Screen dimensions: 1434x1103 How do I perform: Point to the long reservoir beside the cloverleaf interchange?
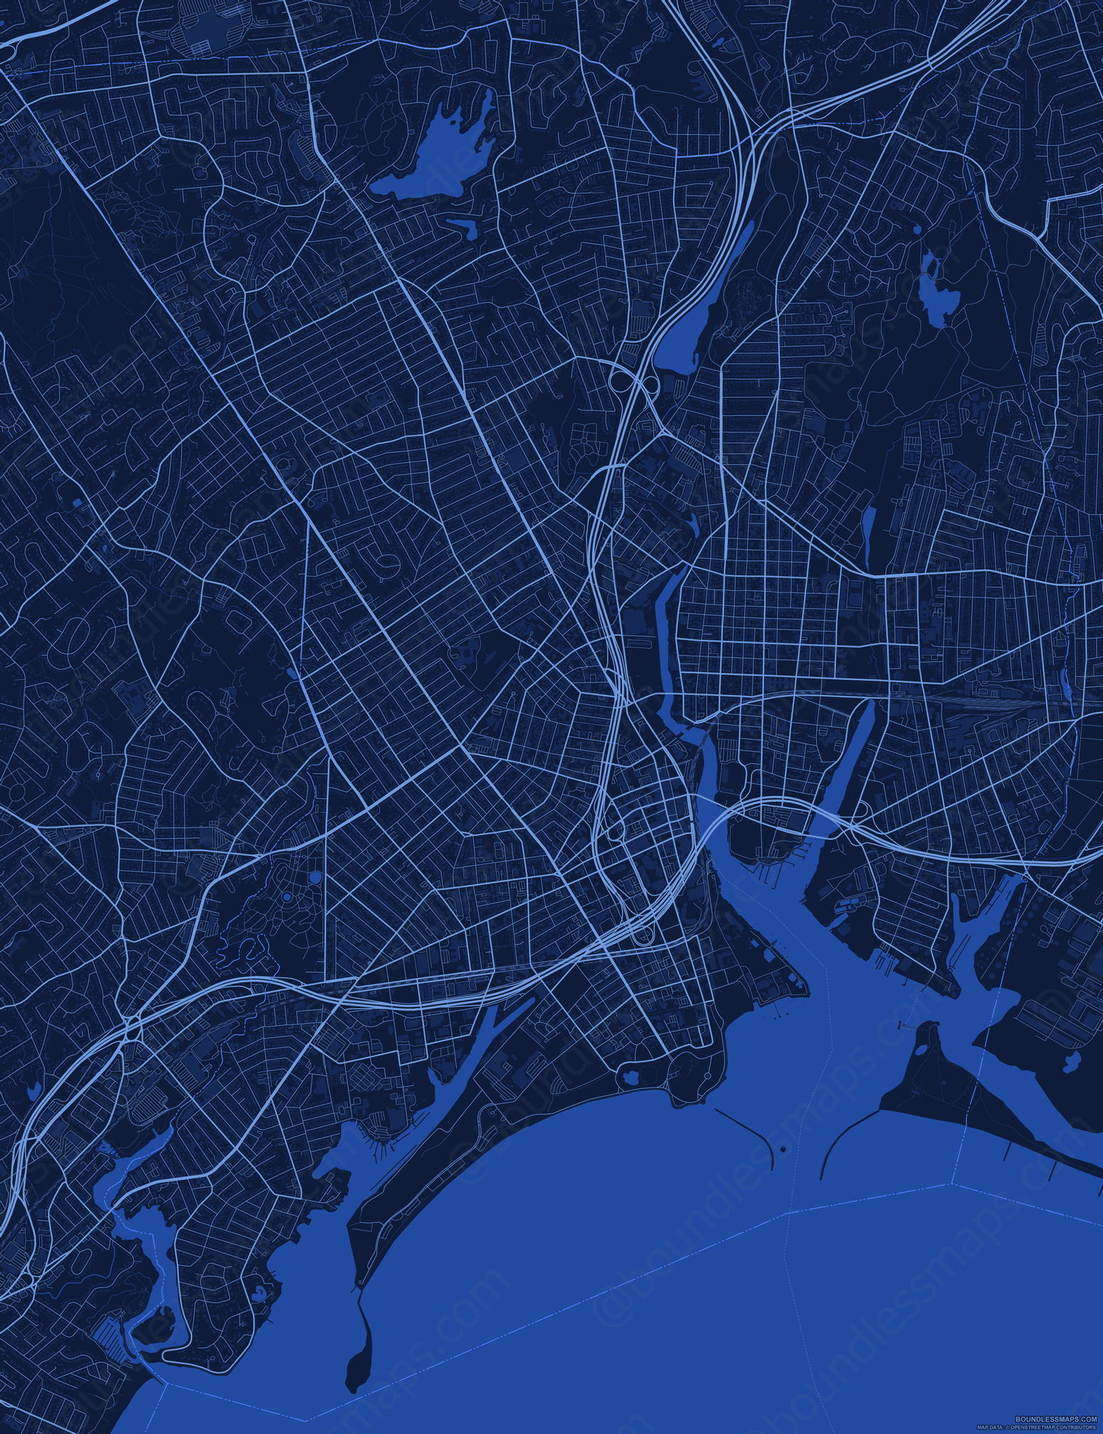click(701, 299)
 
